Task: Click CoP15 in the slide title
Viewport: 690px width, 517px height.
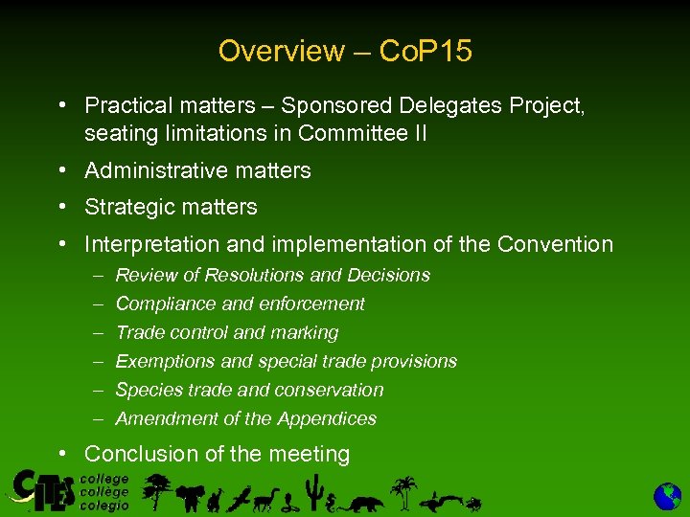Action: click(425, 51)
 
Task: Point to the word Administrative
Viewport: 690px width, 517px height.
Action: click(155, 170)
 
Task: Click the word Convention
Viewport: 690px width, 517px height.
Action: click(555, 244)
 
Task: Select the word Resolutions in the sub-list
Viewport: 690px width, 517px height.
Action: click(252, 275)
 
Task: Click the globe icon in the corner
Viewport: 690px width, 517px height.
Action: click(667, 496)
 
